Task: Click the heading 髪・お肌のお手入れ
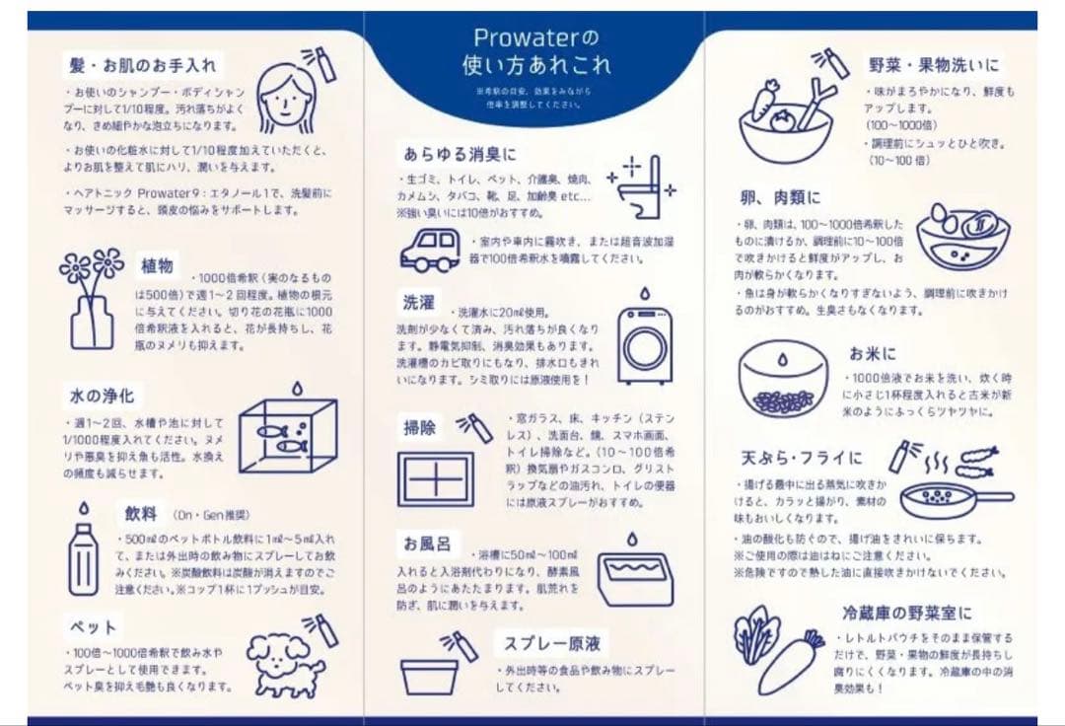[x=142, y=65]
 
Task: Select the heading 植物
[x=157, y=265]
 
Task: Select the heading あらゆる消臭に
[x=460, y=154]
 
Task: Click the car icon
[x=430, y=251]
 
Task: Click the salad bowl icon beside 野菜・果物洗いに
[x=786, y=122]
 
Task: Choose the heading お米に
[x=873, y=353]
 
